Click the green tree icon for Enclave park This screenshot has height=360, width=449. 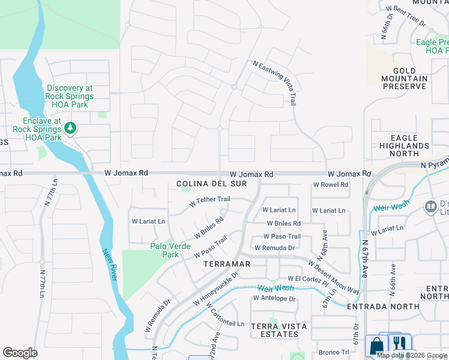point(70,128)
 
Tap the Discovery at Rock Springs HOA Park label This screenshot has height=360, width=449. point(69,96)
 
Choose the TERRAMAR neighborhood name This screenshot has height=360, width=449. point(226,264)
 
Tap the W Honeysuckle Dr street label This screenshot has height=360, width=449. point(216,290)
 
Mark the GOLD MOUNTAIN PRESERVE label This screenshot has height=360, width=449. point(405,79)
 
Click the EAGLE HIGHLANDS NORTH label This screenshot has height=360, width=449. point(404,145)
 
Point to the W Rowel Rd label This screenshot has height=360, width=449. point(330,185)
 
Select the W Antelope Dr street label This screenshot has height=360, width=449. point(274,298)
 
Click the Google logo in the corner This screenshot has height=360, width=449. point(20,352)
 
